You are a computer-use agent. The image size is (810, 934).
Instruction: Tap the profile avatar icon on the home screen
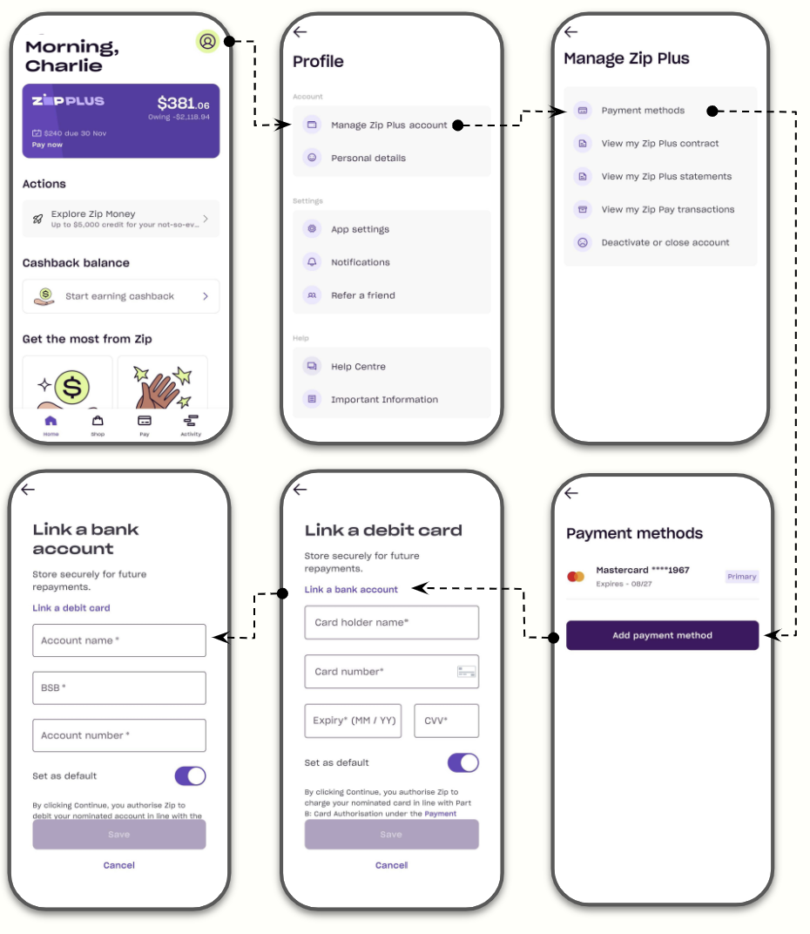(207, 41)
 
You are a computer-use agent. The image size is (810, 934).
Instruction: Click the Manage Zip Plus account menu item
(388, 125)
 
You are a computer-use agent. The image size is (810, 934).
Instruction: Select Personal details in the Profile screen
(368, 159)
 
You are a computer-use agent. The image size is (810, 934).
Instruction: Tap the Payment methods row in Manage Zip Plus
(643, 111)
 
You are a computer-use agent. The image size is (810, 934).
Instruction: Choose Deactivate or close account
(665, 242)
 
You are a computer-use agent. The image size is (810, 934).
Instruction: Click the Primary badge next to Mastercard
(742, 576)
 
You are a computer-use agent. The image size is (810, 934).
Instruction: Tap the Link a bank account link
(351, 590)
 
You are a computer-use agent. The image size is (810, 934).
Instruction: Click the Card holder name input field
(391, 623)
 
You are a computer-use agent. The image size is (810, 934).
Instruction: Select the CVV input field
(446, 721)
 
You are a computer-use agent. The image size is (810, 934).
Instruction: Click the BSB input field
(119, 687)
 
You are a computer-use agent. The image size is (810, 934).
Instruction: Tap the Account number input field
(119, 735)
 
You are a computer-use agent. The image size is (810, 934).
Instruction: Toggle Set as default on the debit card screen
(462, 762)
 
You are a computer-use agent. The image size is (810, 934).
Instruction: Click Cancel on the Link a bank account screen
(119, 865)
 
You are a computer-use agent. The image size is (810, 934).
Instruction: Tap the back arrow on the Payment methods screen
(571, 493)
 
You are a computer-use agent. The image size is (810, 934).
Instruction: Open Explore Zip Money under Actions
(120, 219)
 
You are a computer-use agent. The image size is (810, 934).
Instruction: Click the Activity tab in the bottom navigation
(191, 424)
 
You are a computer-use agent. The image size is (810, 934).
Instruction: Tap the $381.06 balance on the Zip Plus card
(183, 104)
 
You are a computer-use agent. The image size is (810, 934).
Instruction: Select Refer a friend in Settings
(362, 295)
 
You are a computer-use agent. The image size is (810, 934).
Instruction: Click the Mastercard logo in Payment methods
(575, 576)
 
